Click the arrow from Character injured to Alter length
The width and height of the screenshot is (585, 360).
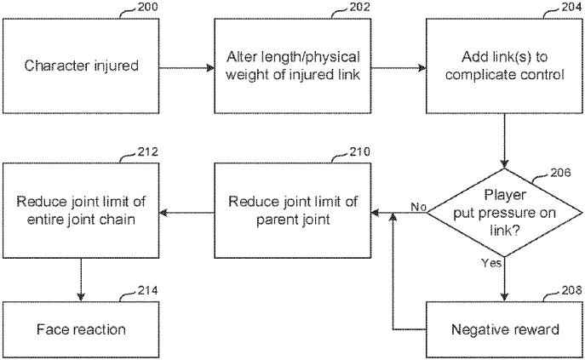click(185, 66)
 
